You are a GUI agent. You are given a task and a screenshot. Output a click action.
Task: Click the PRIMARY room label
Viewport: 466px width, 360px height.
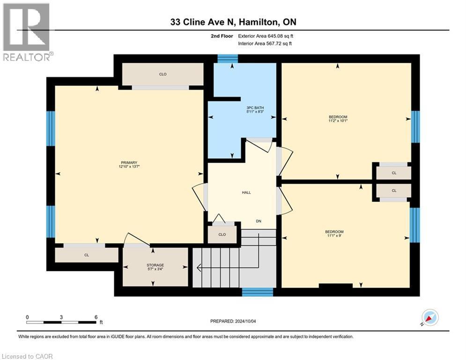pos(128,162)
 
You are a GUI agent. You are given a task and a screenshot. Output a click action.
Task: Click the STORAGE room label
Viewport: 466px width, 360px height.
pos(155,265)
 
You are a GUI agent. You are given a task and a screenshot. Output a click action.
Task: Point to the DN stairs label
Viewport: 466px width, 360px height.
pos(258,221)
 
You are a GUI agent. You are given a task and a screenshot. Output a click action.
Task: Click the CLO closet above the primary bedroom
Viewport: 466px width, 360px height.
pos(163,75)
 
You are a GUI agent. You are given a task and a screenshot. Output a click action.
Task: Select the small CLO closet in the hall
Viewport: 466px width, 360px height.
pos(222,234)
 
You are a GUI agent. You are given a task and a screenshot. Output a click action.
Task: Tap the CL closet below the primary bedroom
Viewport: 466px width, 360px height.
pos(87,255)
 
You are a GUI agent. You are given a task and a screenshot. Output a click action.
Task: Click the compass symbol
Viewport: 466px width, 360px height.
pos(429,318)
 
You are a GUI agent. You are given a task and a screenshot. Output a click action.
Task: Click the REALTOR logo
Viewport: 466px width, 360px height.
pos(27,32)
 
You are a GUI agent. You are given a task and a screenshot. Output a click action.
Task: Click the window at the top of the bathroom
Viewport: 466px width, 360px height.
pos(228,59)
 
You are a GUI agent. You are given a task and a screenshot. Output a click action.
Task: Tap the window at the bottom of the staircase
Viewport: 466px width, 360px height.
pos(257,292)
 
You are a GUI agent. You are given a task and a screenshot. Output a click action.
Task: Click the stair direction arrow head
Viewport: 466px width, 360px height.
pos(199,268)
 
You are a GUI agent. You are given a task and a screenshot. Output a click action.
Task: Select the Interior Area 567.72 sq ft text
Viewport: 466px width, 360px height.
pos(265,43)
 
